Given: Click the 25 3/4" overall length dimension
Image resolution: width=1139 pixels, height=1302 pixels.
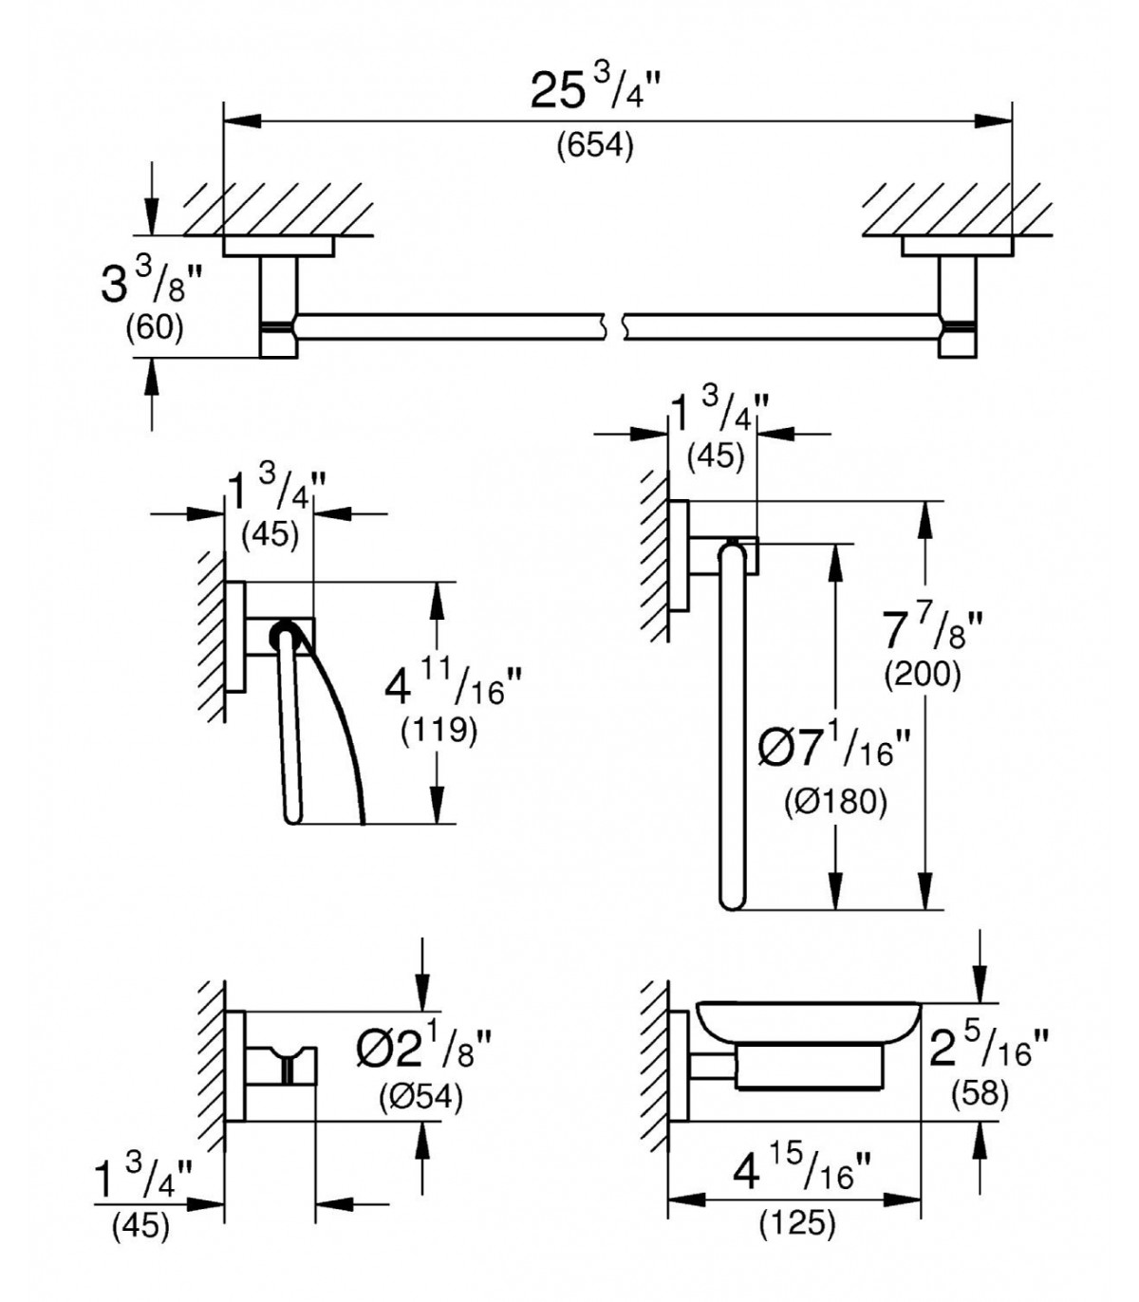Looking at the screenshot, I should (593, 91).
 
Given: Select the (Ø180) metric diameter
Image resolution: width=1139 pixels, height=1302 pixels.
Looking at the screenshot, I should (835, 803).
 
